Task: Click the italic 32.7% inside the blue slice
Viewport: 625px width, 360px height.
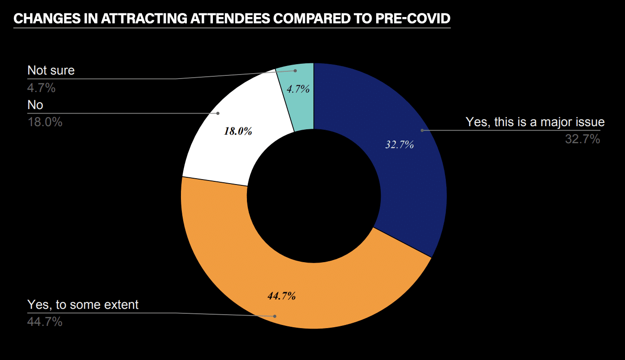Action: click(400, 145)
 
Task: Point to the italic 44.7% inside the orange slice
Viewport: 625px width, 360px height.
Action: click(282, 296)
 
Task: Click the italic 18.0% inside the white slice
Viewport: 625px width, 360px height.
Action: click(238, 132)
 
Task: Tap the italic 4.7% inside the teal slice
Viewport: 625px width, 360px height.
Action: click(299, 89)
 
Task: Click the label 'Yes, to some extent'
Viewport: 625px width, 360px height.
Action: click(83, 305)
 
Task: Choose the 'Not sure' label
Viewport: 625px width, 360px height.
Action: click(51, 70)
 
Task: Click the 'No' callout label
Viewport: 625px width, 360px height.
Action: click(35, 105)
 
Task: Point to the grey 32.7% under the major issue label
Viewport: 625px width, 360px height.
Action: click(582, 140)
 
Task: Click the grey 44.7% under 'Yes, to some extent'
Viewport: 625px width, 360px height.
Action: click(45, 322)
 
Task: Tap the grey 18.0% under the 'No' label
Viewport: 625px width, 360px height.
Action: click(45, 122)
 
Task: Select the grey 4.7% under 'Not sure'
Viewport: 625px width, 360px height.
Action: click(41, 88)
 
